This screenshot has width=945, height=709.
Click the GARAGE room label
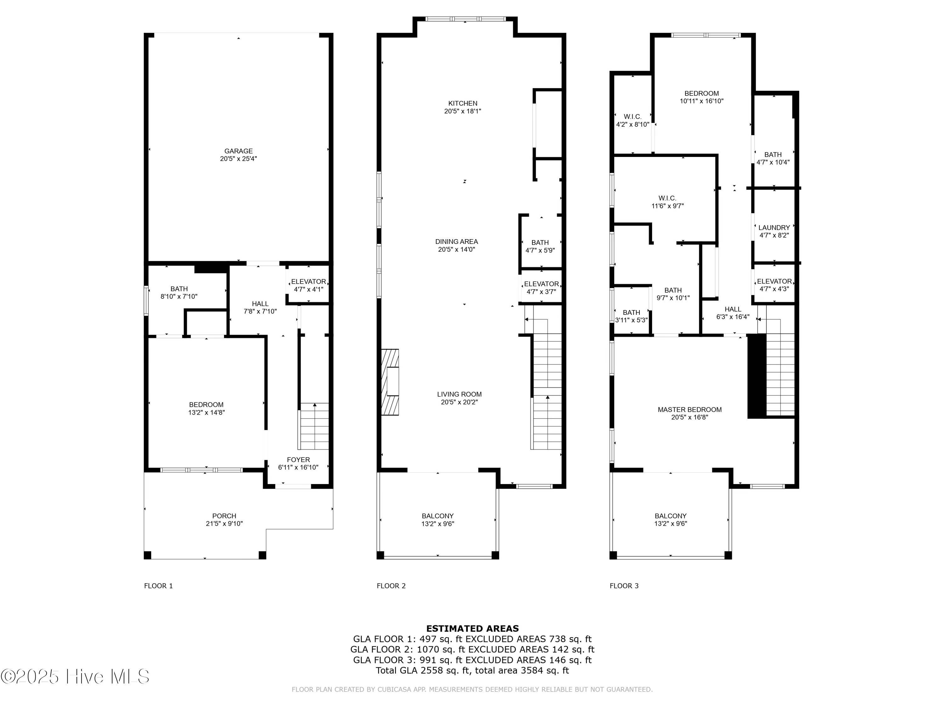click(238, 151)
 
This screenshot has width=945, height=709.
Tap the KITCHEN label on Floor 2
click(463, 103)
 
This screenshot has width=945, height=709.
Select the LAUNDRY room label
click(774, 228)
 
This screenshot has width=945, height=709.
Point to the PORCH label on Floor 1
click(224, 516)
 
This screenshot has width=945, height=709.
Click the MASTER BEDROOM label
click(690, 409)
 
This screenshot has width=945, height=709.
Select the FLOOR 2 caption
click(391, 586)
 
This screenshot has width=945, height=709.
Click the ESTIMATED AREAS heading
click(472, 628)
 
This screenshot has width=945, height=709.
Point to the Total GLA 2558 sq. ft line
click(472, 670)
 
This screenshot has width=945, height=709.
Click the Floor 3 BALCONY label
click(670, 516)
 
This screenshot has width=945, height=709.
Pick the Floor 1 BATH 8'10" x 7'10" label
click(179, 292)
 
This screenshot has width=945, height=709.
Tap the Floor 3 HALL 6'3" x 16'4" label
click(733, 313)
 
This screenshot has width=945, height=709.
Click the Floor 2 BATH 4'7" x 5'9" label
click(540, 246)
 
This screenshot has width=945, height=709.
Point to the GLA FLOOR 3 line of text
click(472, 660)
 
